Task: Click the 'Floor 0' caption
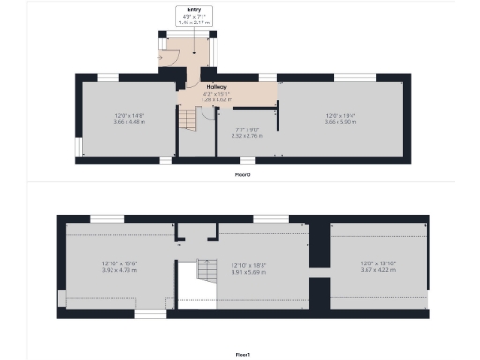point(243,173)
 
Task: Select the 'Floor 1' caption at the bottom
point(243,354)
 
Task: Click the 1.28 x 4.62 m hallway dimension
point(217,99)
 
